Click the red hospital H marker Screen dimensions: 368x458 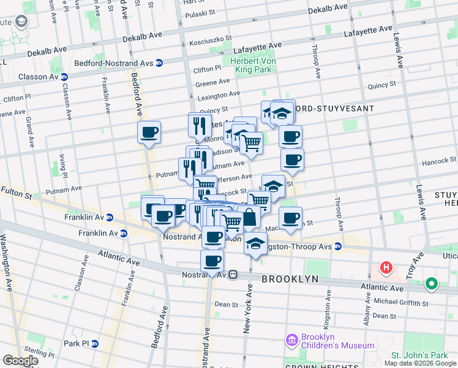386,267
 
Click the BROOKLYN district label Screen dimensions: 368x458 290,279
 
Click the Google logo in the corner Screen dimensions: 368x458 20,361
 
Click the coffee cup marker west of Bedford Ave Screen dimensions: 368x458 149,132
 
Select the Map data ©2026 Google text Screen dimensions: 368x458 420,363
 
